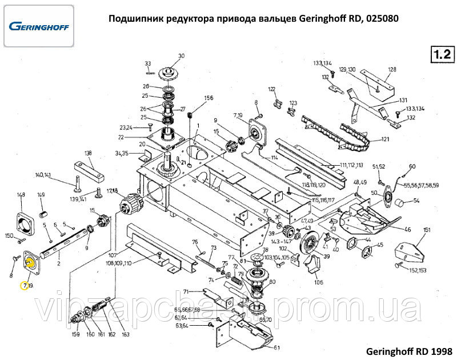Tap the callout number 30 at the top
pyautogui.click(x=182, y=56)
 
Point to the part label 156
pyautogui.click(x=209, y=98)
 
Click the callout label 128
pyautogui.click(x=392, y=70)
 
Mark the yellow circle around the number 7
pyautogui.click(x=24, y=284)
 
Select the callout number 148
pyautogui.click(x=22, y=195)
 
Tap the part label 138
pyautogui.click(x=88, y=153)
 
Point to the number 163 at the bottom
pyautogui.click(x=125, y=334)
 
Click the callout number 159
pyautogui.click(x=75, y=334)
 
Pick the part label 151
pyautogui.click(x=426, y=230)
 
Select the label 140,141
pyautogui.click(x=43, y=175)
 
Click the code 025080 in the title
pyautogui.click(x=383, y=18)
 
